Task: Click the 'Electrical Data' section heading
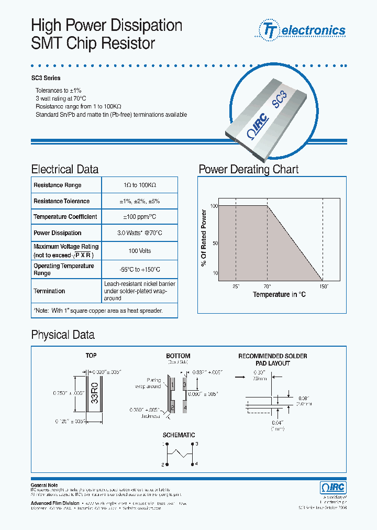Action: (x=64, y=169)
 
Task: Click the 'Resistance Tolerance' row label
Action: (x=61, y=201)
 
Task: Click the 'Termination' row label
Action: (x=49, y=291)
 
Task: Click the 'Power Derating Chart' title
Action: (x=248, y=169)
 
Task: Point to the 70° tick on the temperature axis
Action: (x=267, y=286)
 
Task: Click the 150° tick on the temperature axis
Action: (x=324, y=286)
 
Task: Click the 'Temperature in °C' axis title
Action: (x=279, y=295)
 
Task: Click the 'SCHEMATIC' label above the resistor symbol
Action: (x=179, y=435)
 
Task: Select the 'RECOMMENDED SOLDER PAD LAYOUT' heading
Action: (x=272, y=359)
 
